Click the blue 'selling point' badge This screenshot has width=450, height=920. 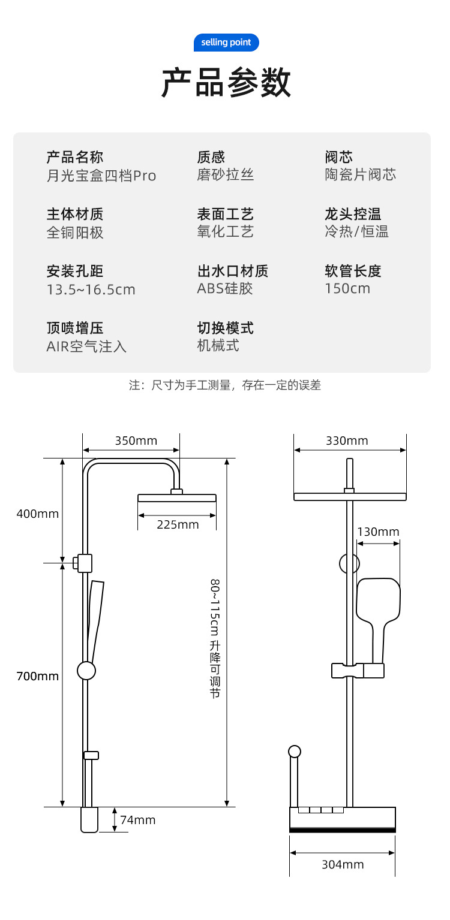(226, 43)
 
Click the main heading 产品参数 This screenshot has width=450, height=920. (226, 83)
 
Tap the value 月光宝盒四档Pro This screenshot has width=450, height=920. (101, 176)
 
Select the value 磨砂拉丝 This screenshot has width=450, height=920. (226, 174)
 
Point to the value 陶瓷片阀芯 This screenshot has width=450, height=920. (360, 174)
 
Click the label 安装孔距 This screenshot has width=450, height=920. (75, 271)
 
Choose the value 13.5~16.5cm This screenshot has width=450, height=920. (91, 289)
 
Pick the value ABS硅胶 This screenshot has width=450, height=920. (225, 288)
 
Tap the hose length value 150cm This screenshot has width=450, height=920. (347, 288)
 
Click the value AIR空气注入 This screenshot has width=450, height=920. (86, 346)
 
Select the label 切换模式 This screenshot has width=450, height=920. (226, 328)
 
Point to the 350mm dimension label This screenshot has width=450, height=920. (136, 441)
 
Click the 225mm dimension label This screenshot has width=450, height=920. (178, 524)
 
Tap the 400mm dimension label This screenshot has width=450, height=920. (38, 514)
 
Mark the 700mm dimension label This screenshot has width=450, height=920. (38, 676)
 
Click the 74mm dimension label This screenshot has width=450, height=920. (137, 820)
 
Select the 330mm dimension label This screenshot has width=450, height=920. (347, 441)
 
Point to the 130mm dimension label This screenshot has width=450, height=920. (378, 532)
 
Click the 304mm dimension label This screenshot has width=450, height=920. (343, 864)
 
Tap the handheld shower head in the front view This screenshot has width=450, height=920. (378, 602)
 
